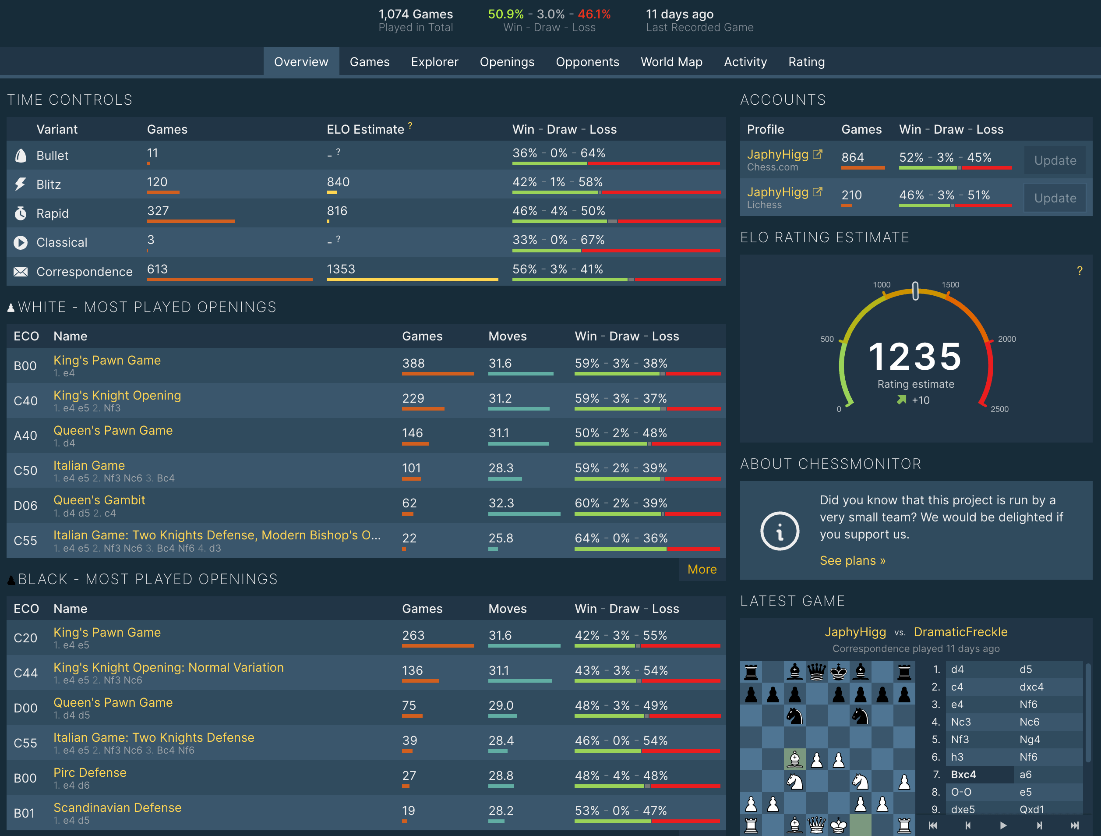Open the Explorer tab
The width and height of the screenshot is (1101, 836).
pyautogui.click(x=434, y=62)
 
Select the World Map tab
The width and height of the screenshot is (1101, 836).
pyautogui.click(x=671, y=62)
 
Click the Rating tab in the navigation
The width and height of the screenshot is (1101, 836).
pyautogui.click(x=806, y=62)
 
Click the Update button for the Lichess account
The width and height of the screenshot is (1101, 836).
pyautogui.click(x=1055, y=198)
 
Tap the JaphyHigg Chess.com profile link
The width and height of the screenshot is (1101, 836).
pyautogui.click(x=777, y=154)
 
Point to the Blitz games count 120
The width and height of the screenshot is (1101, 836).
pyautogui.click(x=157, y=182)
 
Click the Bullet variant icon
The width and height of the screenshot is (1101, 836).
pyautogui.click(x=21, y=156)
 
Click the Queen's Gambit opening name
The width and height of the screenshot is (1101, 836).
pyautogui.click(x=99, y=500)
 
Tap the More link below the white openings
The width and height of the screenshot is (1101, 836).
pyautogui.click(x=701, y=569)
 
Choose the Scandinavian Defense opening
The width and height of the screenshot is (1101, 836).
pyautogui.click(x=117, y=807)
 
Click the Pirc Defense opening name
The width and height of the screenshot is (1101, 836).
pyautogui.click(x=90, y=772)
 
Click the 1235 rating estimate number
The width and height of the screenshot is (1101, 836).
pyautogui.click(x=915, y=357)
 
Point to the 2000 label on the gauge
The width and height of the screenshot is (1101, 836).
pyautogui.click(x=1006, y=339)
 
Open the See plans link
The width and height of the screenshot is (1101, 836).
pyautogui.click(x=852, y=561)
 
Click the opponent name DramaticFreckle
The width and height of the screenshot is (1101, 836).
pyautogui.click(x=960, y=632)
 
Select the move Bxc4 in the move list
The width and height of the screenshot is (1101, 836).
pyautogui.click(x=963, y=774)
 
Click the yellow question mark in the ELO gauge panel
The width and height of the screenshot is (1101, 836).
pyautogui.click(x=1079, y=271)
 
